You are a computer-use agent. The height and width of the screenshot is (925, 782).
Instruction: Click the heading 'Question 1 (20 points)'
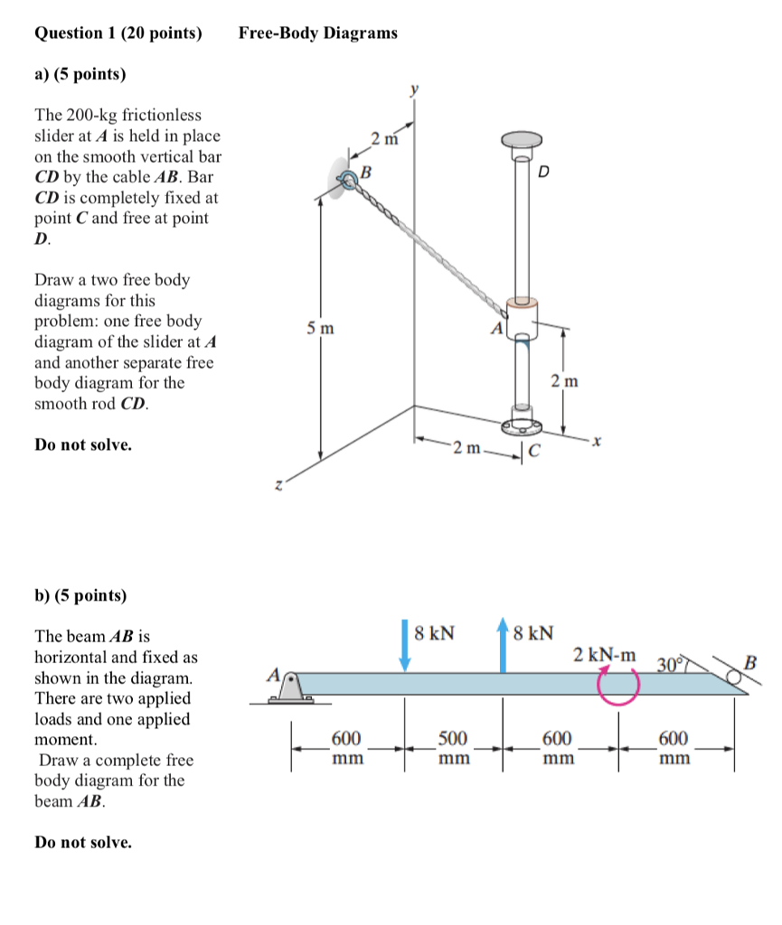(118, 33)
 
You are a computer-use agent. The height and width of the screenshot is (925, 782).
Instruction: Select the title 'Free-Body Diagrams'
(317, 33)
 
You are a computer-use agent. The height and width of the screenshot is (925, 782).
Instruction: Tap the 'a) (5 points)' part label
(80, 74)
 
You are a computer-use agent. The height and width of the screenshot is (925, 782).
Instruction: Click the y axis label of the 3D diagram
(415, 89)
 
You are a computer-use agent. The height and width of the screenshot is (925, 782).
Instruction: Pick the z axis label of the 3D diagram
(278, 486)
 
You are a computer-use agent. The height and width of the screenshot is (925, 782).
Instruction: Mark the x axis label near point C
(598, 443)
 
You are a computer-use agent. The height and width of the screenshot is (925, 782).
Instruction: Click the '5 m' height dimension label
(319, 329)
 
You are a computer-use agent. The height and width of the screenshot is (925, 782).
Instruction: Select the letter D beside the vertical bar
(543, 172)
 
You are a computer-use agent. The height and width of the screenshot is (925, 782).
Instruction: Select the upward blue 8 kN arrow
(503, 645)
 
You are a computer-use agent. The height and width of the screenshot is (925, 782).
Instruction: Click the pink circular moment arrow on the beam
(617, 685)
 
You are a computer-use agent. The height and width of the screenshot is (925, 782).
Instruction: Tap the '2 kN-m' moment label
(604, 653)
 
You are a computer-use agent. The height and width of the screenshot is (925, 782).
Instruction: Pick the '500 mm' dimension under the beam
(453, 748)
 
